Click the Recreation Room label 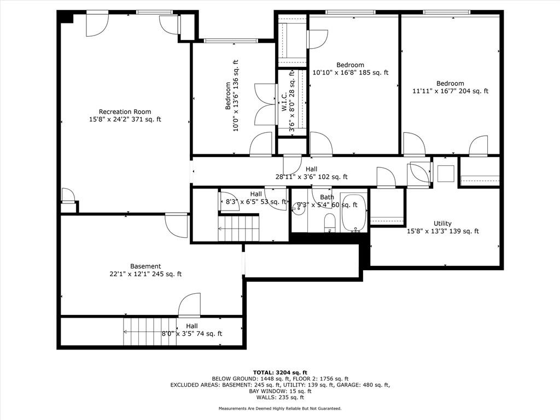(x=125, y=112)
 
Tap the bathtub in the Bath (x=354, y=213)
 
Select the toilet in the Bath (x=330, y=223)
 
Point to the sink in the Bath (x=299, y=207)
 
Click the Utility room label (x=442, y=223)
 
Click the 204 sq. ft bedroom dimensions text (x=450, y=91)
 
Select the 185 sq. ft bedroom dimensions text (x=350, y=72)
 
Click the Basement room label (x=145, y=266)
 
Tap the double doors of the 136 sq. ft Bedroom (x=266, y=104)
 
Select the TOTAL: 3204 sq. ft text (x=279, y=372)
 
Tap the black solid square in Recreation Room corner (x=66, y=17)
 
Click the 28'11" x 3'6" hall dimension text (x=311, y=177)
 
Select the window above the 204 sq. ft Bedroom (x=446, y=12)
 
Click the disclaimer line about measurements (x=279, y=409)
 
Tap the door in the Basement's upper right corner (x=177, y=225)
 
